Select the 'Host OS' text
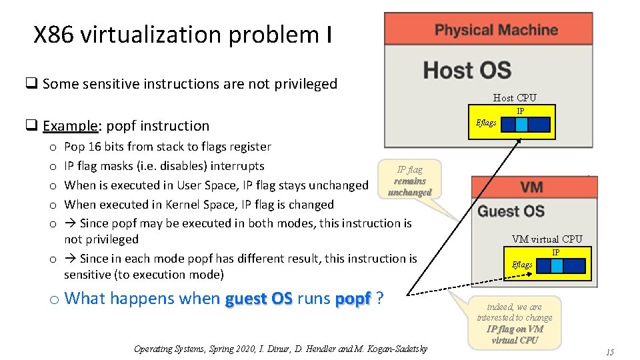(x=467, y=69)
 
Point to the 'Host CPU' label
(x=514, y=98)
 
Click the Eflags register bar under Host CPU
(x=526, y=125)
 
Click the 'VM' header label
(x=531, y=187)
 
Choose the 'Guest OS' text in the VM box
(x=511, y=211)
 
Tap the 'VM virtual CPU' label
(x=547, y=239)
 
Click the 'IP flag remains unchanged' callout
(x=409, y=181)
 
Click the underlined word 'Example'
(x=71, y=126)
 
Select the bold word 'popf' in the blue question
(x=353, y=299)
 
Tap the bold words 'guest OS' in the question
(x=259, y=299)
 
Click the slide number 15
(x=609, y=351)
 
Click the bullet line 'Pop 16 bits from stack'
(x=167, y=147)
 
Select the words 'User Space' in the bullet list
(x=205, y=185)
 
